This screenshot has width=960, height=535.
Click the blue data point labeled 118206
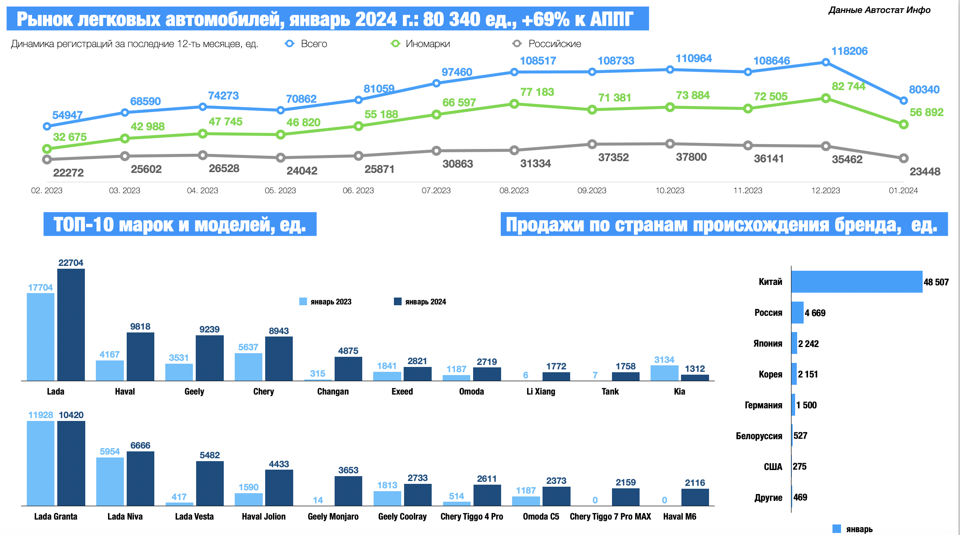[826, 62]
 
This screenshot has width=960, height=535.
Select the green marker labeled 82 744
[826, 98]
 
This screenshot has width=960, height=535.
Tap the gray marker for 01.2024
[904, 158]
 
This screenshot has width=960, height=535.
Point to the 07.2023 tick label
[436, 190]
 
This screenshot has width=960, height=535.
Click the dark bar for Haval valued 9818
[140, 356]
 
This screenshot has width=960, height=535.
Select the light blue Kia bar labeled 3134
[664, 373]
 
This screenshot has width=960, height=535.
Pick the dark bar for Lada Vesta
[210, 483]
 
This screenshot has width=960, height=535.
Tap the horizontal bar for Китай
[856, 282]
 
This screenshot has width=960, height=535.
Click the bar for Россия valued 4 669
[798, 313]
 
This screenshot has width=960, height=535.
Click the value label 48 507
[936, 282]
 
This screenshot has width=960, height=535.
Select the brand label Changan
[333, 391]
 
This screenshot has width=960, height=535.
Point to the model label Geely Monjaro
[333, 516]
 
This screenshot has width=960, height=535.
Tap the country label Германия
[763, 405]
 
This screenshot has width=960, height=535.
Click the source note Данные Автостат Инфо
[879, 10]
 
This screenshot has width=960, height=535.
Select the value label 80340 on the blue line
[924, 90]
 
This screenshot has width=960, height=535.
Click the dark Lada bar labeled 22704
[71, 325]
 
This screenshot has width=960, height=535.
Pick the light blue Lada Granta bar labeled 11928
[41, 463]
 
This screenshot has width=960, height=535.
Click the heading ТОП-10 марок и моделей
[180, 224]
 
